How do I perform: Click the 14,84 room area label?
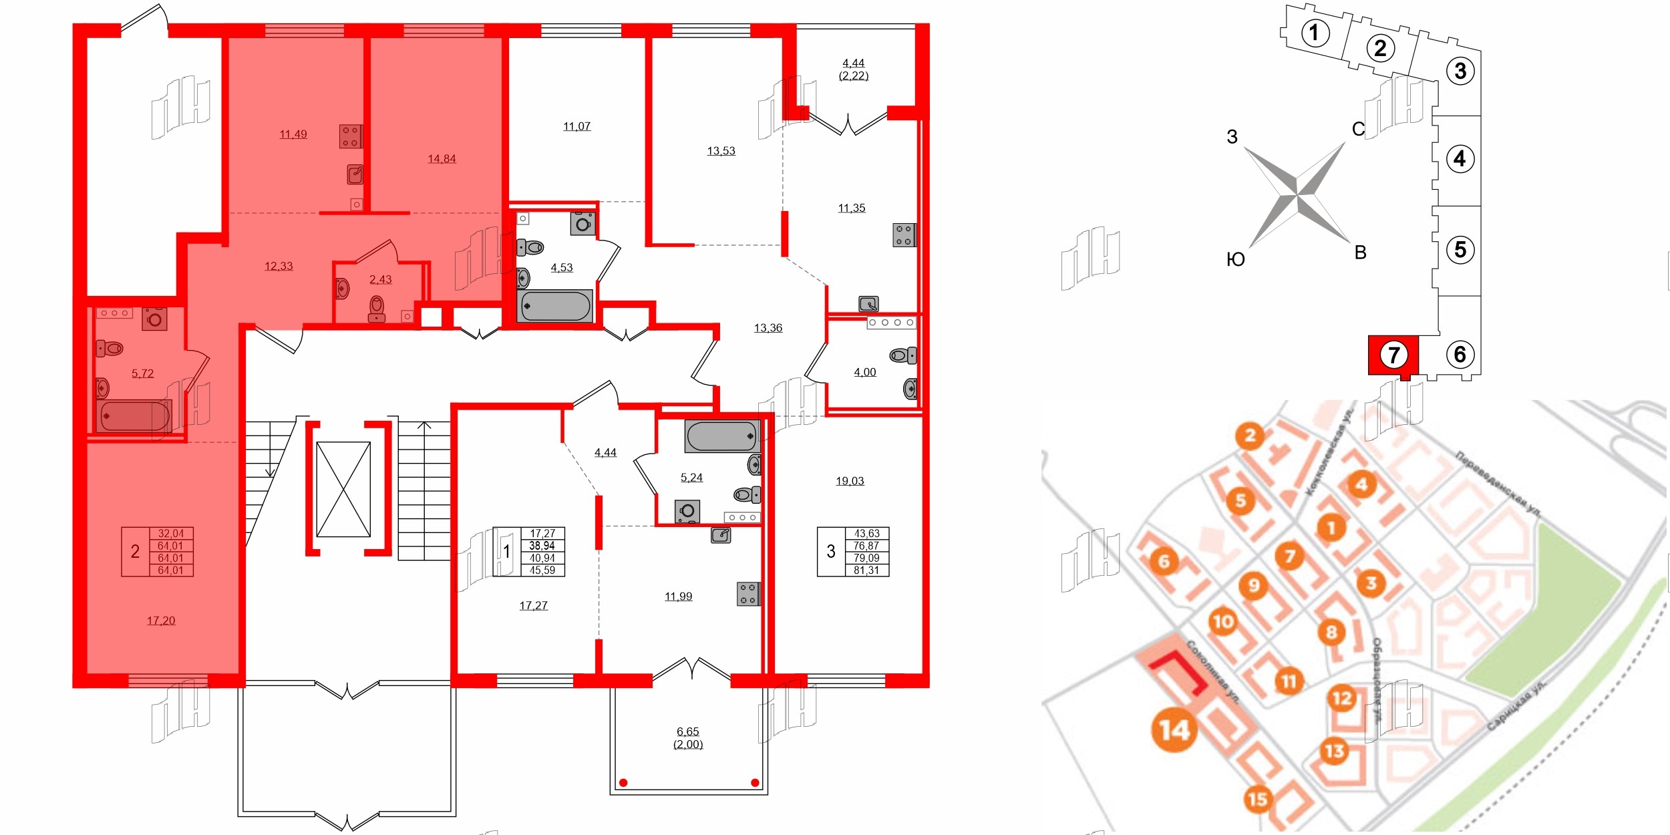click(x=442, y=159)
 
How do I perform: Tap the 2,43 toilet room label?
click(x=380, y=280)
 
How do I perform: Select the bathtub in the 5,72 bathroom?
click(x=134, y=416)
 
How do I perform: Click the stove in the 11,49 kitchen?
click(x=351, y=136)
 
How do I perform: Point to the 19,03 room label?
click(x=850, y=481)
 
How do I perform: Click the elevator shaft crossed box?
click(x=343, y=489)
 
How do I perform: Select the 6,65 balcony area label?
click(x=687, y=731)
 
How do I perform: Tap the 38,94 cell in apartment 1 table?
click(x=542, y=546)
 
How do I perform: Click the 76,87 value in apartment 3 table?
click(x=866, y=546)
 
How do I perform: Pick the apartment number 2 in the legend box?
click(x=135, y=552)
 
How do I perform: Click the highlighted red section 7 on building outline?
click(x=1393, y=355)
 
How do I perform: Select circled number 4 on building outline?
click(x=1460, y=159)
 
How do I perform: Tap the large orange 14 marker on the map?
click(x=1174, y=729)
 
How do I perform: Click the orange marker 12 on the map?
click(x=1342, y=699)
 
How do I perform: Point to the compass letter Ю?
click(x=1235, y=260)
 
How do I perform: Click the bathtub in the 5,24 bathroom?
click(x=721, y=436)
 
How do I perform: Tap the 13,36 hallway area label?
click(x=768, y=328)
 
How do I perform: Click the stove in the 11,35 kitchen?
click(x=904, y=235)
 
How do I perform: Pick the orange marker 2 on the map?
click(x=1250, y=436)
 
